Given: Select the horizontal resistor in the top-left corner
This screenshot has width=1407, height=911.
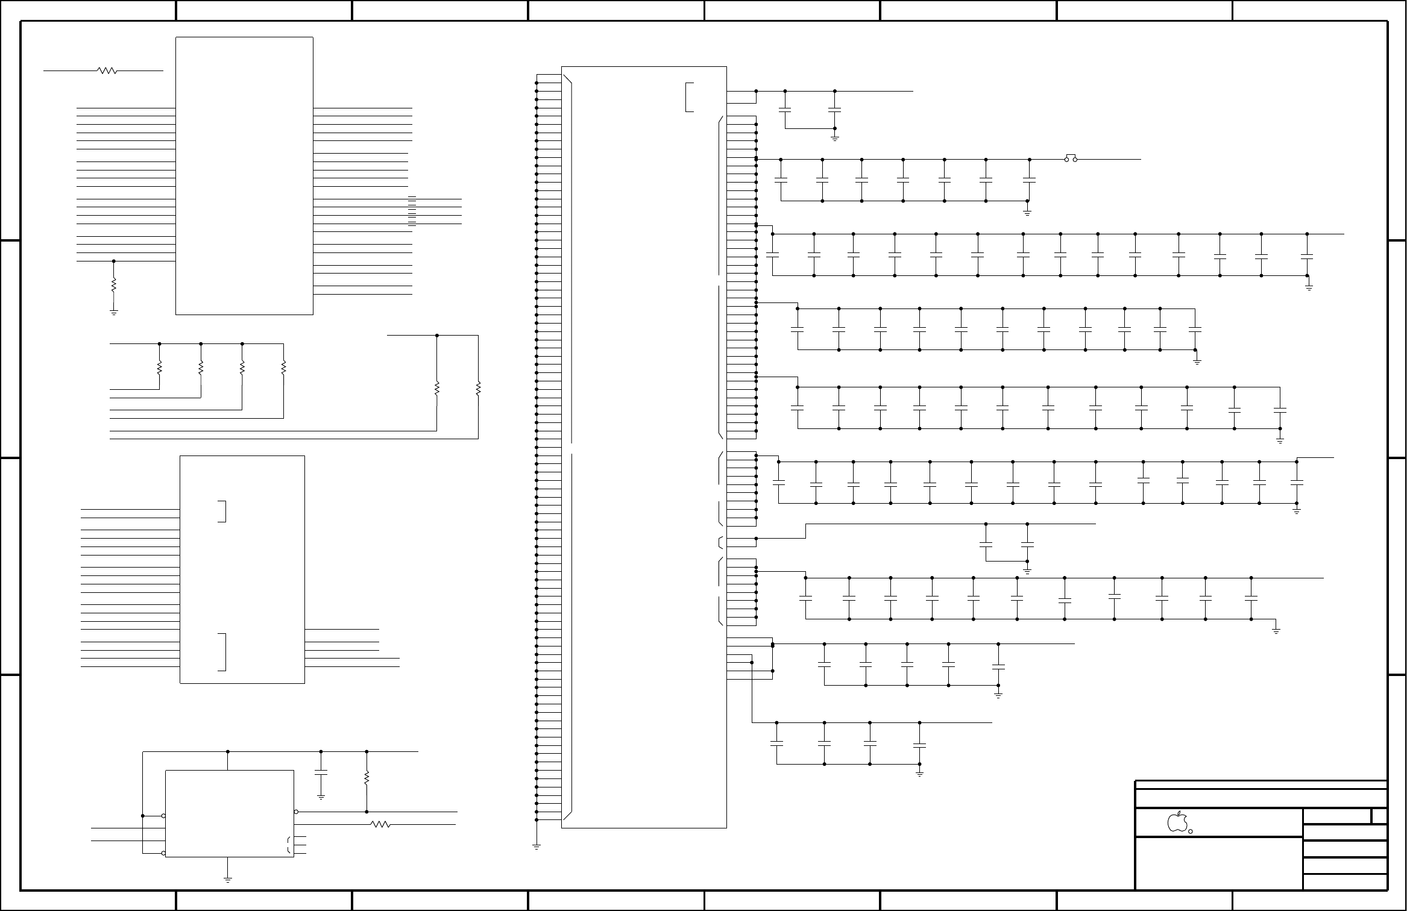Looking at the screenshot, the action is pos(107,70).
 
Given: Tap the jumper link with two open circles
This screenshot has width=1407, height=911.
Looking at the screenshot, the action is pos(1070,159).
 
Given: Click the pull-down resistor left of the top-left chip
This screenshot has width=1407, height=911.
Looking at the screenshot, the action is pos(113,285).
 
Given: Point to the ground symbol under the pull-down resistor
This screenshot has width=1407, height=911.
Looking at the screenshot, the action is pos(113,312).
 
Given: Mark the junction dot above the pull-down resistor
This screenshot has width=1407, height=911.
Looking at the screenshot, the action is pos(113,261).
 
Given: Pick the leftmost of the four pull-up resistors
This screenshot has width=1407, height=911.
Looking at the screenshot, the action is pos(159,367).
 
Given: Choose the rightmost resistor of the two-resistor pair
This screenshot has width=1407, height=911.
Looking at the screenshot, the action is pos(478,389).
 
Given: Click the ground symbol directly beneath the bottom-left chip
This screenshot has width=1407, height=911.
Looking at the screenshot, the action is pos(228,880).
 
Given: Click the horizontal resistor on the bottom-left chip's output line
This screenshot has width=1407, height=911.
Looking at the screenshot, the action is pos(380,825).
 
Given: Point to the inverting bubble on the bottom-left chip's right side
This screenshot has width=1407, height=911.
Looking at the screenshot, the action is pos(296,812).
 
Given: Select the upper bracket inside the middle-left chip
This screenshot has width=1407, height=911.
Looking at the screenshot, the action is pos(222,511).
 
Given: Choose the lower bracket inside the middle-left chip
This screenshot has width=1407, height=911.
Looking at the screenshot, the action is pos(222,651).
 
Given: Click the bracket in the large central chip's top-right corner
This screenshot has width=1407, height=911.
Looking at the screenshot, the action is pos(689,97).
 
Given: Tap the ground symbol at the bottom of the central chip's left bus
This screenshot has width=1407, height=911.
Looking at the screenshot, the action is pos(536,847).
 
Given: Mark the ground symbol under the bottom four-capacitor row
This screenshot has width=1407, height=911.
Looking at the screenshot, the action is pos(919,774).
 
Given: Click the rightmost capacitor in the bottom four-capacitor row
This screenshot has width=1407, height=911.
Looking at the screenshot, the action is pos(919,745).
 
